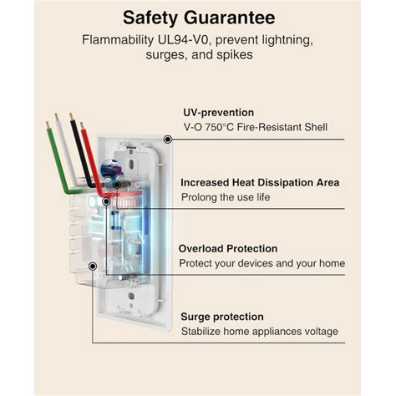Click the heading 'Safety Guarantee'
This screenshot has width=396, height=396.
(x=197, y=17)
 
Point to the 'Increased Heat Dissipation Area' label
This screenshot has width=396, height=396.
(x=261, y=181)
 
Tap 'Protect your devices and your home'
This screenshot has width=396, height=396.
(x=262, y=263)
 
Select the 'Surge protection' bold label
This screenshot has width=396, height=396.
(x=221, y=317)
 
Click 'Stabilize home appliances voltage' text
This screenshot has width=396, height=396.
(x=259, y=332)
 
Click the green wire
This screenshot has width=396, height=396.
(x=58, y=159)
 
